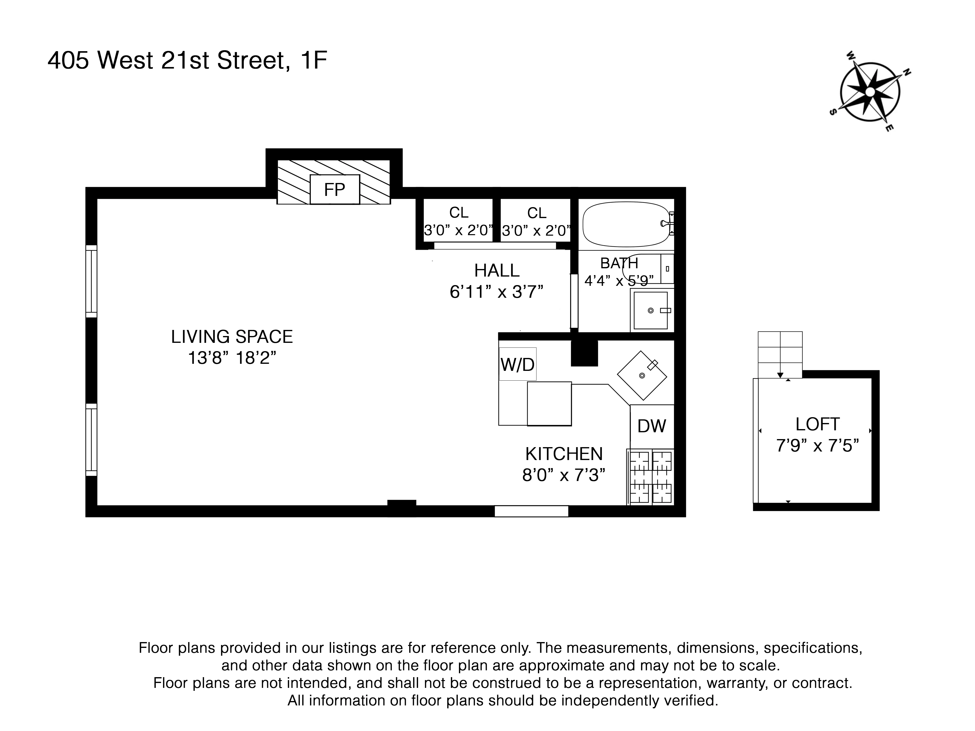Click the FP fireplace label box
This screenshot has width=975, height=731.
click(x=335, y=190)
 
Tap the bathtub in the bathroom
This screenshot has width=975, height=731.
click(x=626, y=224)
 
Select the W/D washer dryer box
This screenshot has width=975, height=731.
click(x=517, y=364)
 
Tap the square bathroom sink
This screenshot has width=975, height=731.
click(x=651, y=310)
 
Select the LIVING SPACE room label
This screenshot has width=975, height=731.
click(x=232, y=337)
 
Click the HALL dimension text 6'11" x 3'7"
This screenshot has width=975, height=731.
click(x=496, y=292)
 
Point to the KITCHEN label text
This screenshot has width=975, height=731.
click(x=564, y=454)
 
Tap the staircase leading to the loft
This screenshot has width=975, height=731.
click(x=780, y=354)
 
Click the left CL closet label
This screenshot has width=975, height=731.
click(x=458, y=213)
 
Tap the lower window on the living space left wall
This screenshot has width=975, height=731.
click(x=91, y=439)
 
